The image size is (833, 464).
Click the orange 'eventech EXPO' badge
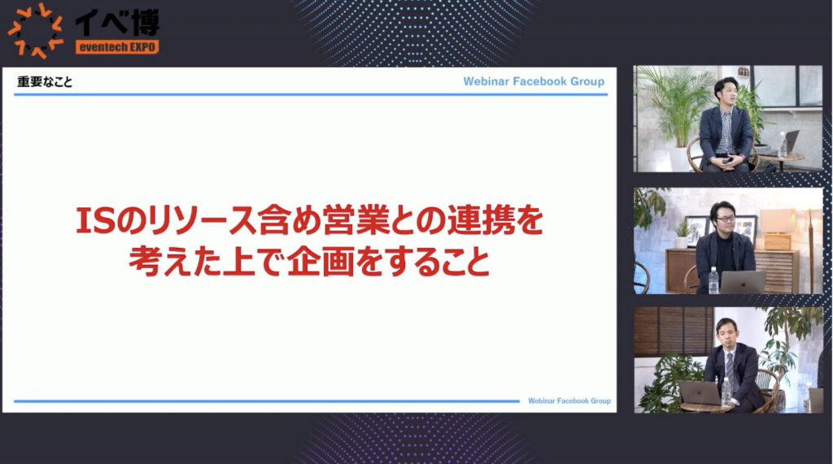117,46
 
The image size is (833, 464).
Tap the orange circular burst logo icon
35,30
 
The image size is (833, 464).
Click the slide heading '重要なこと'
45,82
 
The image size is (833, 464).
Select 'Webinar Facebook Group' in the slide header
534,81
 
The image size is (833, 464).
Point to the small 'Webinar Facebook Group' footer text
569,401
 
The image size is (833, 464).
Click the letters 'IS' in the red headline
96,220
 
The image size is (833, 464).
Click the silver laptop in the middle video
743,282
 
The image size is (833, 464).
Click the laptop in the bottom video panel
700,392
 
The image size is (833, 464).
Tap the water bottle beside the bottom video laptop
726,392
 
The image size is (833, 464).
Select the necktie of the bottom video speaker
731,370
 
